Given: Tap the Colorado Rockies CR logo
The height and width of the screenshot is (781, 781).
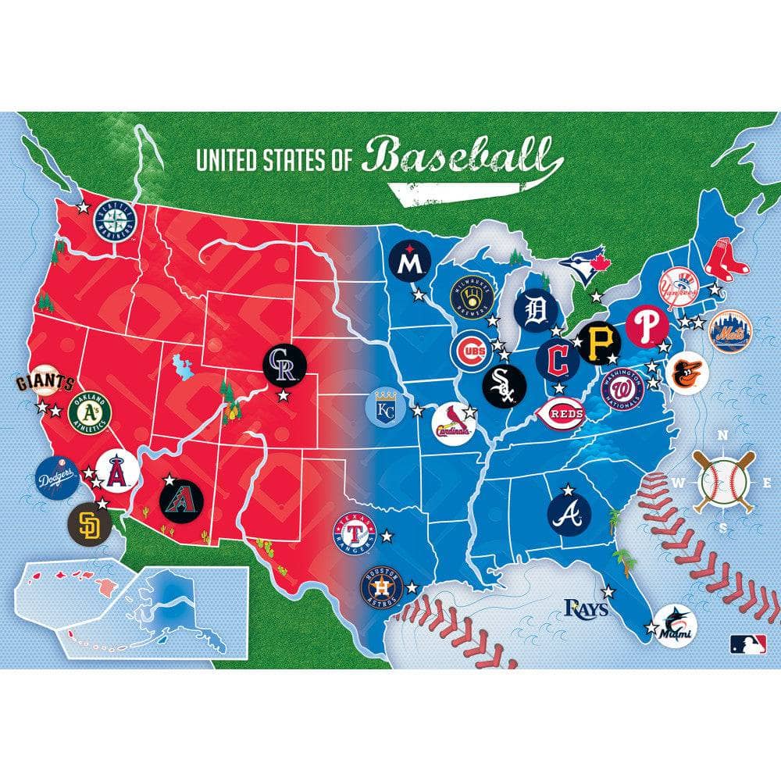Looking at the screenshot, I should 284,365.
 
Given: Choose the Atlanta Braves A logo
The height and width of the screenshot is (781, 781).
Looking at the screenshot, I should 569,513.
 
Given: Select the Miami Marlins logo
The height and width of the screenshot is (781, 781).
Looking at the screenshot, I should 674,626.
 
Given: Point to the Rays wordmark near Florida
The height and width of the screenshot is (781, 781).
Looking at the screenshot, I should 586,608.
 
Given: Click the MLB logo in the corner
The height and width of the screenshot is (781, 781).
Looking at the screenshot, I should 747,644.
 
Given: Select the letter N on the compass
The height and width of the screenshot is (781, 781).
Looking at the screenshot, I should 722,437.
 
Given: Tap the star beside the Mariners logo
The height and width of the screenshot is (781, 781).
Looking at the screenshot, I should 84,208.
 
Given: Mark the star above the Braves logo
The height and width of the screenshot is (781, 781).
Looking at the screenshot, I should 568,489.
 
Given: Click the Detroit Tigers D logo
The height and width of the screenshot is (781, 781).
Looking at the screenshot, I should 536,312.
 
